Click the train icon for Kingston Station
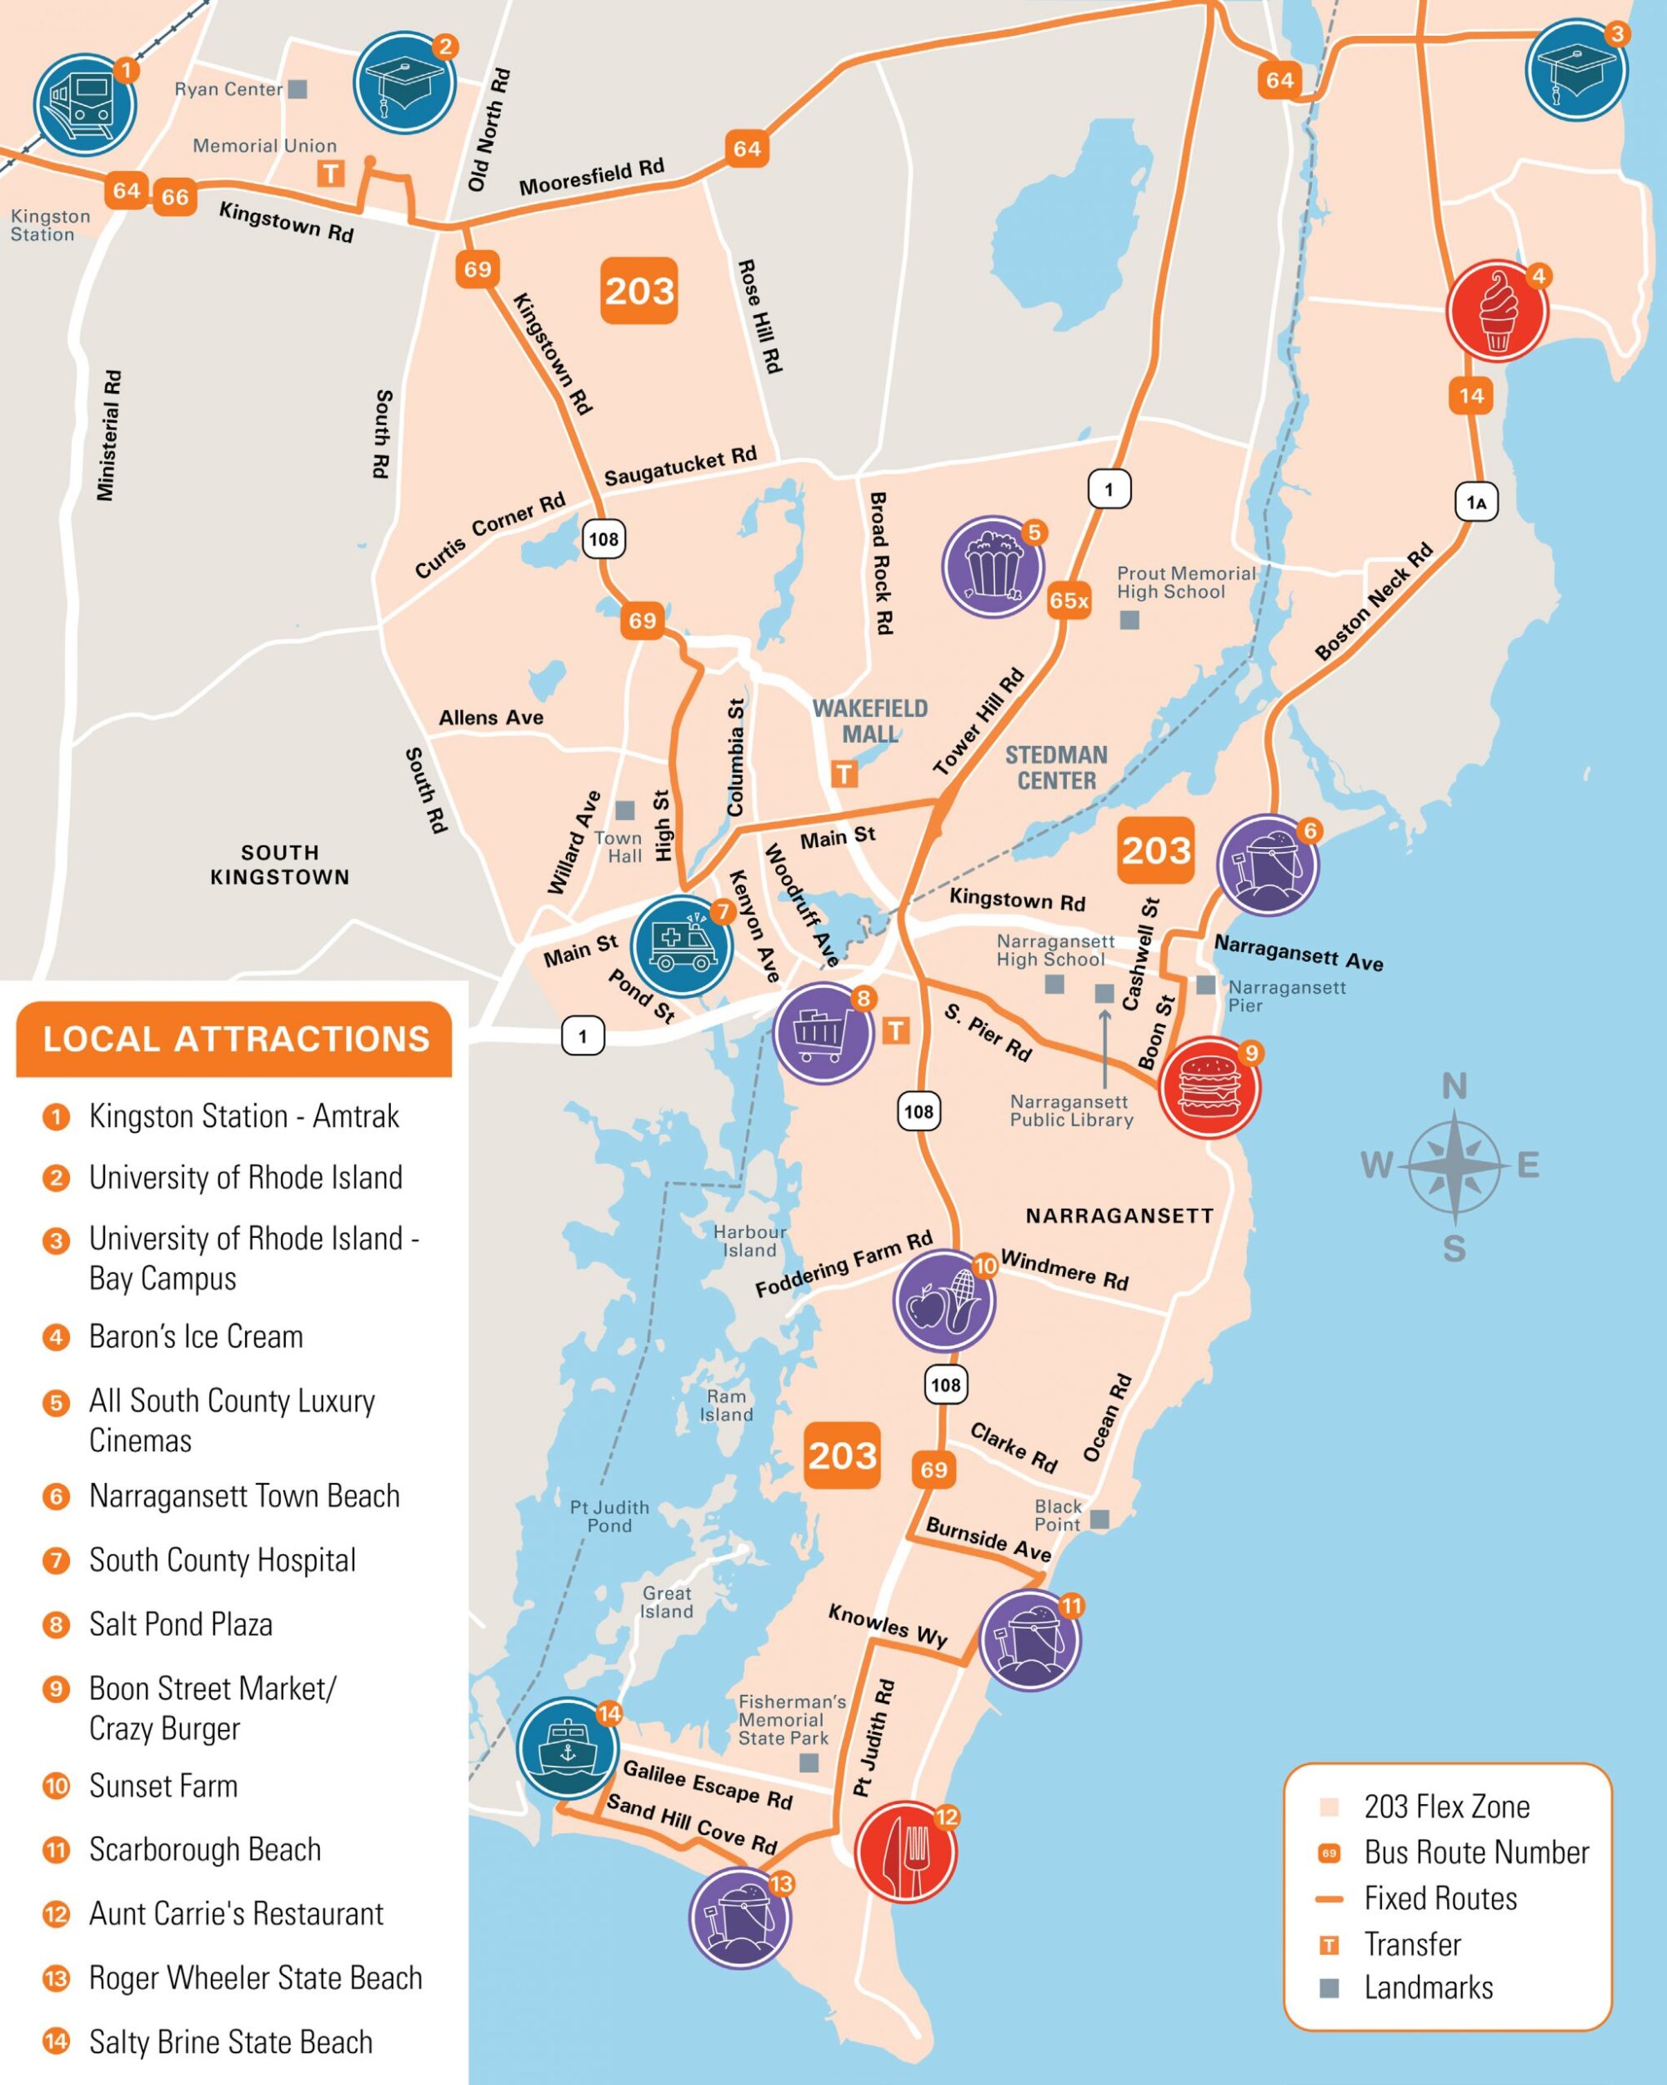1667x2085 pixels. (x=84, y=103)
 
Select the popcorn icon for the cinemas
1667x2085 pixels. (x=993, y=567)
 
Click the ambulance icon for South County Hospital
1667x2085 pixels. (x=682, y=945)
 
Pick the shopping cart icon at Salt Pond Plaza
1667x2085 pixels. (x=823, y=1033)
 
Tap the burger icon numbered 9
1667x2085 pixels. (x=1209, y=1087)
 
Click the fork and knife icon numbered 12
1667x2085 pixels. (x=906, y=1851)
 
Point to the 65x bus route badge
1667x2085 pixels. (x=1069, y=600)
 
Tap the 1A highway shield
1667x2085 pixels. (x=1475, y=502)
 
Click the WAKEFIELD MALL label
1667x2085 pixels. (x=869, y=721)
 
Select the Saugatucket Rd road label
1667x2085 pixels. (x=680, y=466)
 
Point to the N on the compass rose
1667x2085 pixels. (x=1454, y=1087)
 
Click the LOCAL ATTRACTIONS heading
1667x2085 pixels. (x=235, y=1039)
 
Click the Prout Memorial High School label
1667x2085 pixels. (x=1184, y=582)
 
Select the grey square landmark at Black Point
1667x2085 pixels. (x=1099, y=1518)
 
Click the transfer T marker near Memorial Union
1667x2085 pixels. (x=331, y=174)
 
